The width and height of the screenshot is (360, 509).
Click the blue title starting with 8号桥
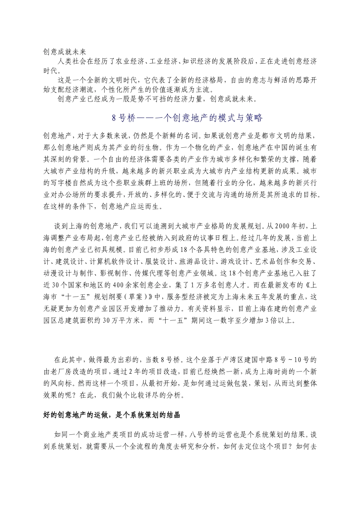coord(187,118)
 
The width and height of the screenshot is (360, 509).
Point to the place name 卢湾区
coord(238,359)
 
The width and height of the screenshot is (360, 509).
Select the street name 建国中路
coord(266,359)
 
